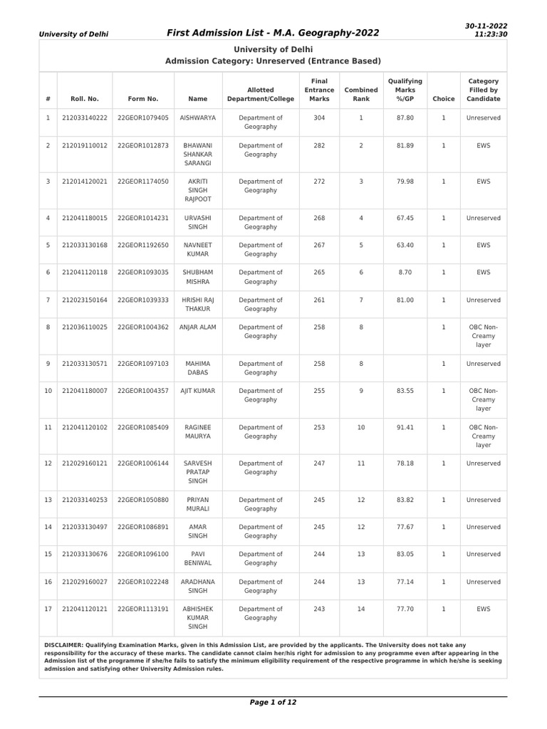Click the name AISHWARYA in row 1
coord(197,117)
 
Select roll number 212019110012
coord(85,145)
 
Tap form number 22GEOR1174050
coord(142,182)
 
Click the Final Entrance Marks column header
coord(318,90)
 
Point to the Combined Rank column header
coord(361,94)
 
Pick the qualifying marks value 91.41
coord(405,427)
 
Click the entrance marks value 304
coord(318,117)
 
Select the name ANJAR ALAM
coord(197,327)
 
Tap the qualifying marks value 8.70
coord(405,272)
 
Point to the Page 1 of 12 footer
coord(273,702)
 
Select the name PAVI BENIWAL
coord(197,558)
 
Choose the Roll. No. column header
coord(85,99)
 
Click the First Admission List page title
coord(273,32)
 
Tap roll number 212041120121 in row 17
coord(85,609)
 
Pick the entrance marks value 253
coord(318,427)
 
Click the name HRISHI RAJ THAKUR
coord(197,304)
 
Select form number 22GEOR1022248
coord(142,582)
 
